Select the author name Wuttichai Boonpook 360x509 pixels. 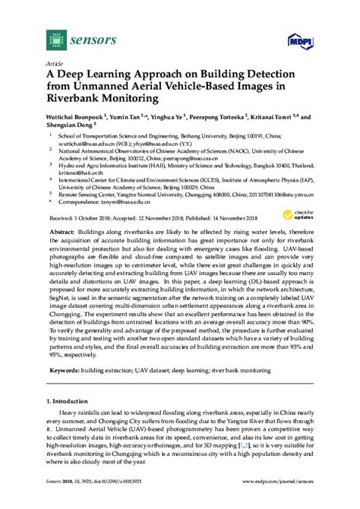pos(79,117)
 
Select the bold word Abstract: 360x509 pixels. pos(64,230)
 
